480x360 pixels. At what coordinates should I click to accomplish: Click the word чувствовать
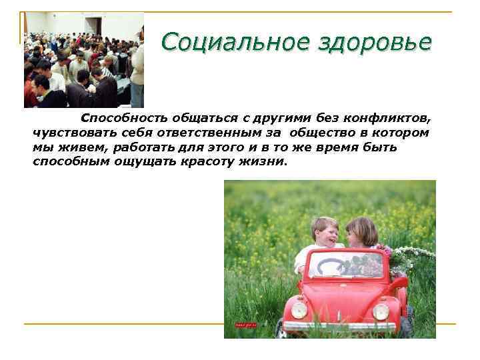pyautogui.click(x=65, y=133)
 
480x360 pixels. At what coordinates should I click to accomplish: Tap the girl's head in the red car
pyautogui.click(x=361, y=231)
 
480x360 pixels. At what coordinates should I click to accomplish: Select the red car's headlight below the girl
pyautogui.click(x=380, y=311)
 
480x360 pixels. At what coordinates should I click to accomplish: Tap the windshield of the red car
pyautogui.click(x=345, y=264)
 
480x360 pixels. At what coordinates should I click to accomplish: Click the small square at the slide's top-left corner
pyautogui.click(x=23, y=15)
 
